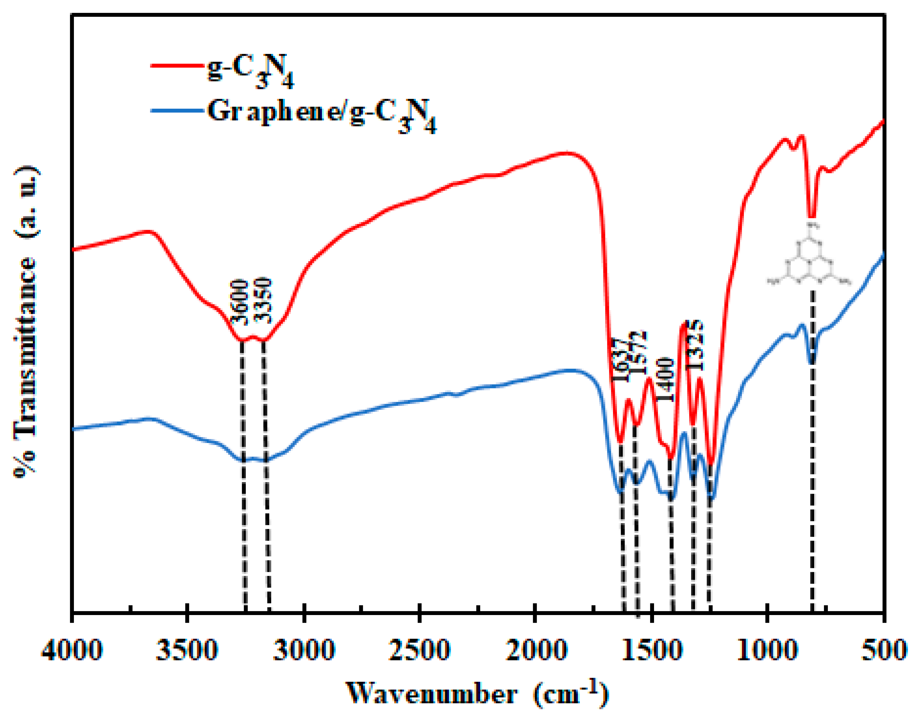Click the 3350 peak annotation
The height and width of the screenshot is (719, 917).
click(x=265, y=300)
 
